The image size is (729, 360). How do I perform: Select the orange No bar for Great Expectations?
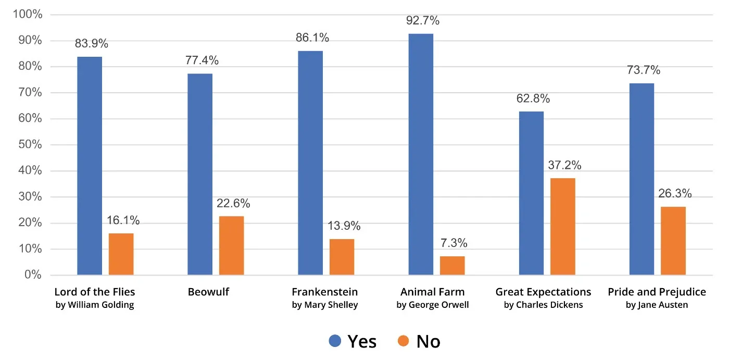[563, 226]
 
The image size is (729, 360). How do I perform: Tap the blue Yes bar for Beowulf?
[200, 174]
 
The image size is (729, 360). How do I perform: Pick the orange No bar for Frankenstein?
[342, 256]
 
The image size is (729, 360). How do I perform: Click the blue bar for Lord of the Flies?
[90, 166]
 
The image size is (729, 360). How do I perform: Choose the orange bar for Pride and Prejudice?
[673, 241]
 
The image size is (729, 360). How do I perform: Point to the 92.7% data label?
[423, 21]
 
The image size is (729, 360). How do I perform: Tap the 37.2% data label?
[564, 165]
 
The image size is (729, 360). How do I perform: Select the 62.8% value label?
[533, 98]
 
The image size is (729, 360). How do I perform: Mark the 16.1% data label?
[123, 220]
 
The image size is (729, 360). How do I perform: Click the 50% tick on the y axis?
[30, 145]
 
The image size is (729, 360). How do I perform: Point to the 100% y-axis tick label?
[28, 15]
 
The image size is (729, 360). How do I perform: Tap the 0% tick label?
[32, 275]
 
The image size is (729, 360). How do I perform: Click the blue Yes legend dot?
[335, 341]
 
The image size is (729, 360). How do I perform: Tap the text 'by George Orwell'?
[432, 305]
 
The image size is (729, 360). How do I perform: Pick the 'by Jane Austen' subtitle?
[657, 305]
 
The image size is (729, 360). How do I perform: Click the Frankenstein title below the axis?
[324, 292]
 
